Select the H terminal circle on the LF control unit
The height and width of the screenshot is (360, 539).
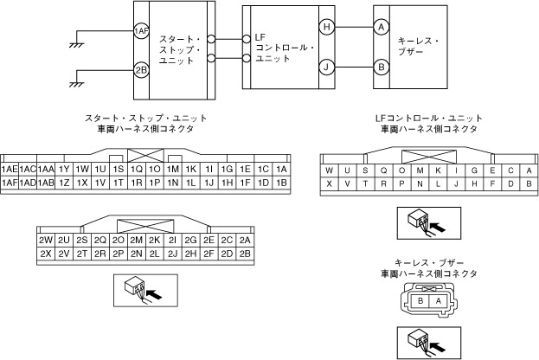326,27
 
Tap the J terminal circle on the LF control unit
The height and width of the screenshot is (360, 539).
326,66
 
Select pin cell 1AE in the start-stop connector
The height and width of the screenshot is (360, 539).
11,169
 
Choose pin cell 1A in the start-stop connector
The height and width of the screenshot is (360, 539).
280,169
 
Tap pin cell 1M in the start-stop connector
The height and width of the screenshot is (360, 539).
173,169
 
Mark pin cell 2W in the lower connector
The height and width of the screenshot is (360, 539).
46,240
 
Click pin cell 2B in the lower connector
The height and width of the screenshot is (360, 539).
245,254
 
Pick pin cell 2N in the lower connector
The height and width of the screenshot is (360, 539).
136,254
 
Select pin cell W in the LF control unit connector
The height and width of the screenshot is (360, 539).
329,170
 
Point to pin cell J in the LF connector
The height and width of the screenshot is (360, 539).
456,183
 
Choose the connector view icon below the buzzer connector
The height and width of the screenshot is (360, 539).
428,343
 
